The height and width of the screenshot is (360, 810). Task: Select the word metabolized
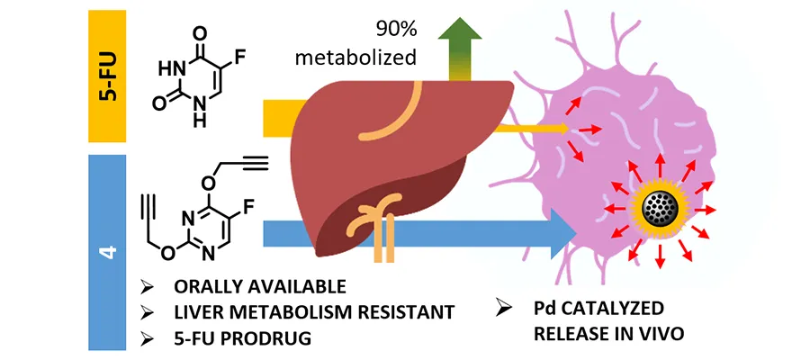point(371,58)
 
